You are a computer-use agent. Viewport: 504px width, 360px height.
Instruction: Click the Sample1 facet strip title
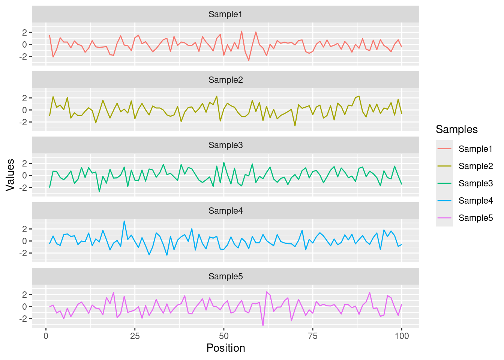225,14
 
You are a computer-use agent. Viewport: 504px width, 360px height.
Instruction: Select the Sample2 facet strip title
225,80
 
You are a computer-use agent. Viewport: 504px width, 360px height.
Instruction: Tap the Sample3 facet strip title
225,145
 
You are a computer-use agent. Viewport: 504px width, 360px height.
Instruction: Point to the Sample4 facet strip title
225,211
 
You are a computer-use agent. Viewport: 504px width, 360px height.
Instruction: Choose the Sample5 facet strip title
225,276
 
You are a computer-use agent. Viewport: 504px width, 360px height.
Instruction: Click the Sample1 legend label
475,149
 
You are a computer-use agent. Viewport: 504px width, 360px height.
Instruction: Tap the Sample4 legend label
475,201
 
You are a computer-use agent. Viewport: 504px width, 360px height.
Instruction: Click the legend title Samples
457,129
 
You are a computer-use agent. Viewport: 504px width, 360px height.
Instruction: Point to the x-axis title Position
225,348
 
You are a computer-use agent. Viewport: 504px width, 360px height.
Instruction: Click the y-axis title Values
10,175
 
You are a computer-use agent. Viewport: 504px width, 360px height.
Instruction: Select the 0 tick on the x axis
46,336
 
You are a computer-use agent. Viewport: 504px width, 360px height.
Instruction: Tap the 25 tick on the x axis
135,336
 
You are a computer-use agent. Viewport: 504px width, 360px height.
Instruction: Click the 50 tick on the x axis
224,336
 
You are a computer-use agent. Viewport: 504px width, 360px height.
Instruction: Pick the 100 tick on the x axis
402,336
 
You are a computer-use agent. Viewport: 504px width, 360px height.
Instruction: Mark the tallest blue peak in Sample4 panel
124,221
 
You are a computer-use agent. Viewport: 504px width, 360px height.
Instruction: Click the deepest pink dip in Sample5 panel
263,325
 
